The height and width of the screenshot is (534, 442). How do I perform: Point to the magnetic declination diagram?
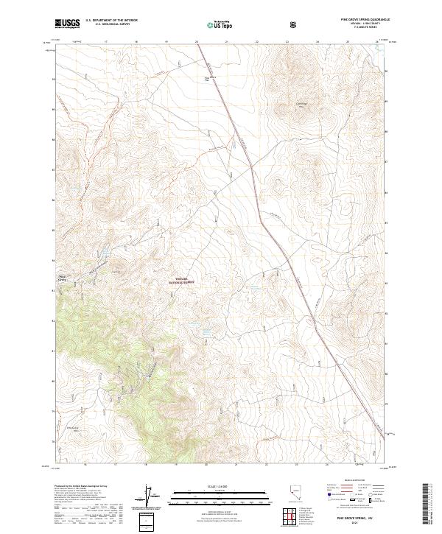152,497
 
